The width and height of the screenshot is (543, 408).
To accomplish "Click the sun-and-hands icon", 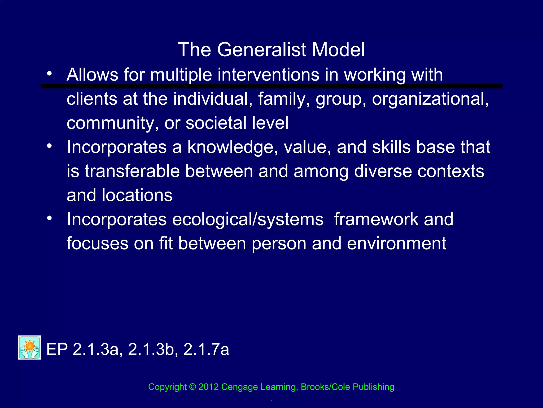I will point(29,347).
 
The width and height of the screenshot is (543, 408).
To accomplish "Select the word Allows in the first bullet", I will point(92,75).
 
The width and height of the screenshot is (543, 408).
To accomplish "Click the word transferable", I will point(132,171).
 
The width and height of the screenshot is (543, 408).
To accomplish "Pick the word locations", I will point(137,195).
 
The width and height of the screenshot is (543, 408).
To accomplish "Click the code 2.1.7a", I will point(206,349).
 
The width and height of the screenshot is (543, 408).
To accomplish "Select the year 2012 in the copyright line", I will point(208,387).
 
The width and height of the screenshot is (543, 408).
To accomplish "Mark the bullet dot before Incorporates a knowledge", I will point(49,146).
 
